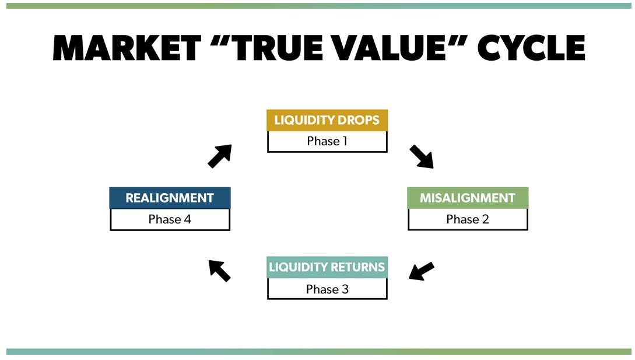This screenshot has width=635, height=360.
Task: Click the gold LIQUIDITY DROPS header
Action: [x=327, y=121]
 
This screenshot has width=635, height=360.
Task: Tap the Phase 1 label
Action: [x=327, y=141]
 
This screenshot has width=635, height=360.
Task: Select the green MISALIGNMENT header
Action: [x=468, y=198]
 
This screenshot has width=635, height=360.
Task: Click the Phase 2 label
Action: [x=468, y=219]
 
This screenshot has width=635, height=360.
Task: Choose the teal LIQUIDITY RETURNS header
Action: [x=327, y=267]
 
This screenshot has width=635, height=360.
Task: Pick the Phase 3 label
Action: [x=327, y=289]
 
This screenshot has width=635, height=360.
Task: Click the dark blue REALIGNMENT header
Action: [x=170, y=198]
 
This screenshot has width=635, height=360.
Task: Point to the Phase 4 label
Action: [x=170, y=219]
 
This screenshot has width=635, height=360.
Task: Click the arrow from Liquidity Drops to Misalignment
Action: [x=422, y=156]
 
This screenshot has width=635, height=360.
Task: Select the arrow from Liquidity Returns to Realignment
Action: [x=220, y=270]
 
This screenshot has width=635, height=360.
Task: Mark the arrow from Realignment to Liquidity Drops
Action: [x=220, y=156]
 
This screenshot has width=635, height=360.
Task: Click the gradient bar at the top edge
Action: [x=317, y=6]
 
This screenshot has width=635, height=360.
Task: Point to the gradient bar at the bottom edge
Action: [x=317, y=352]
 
